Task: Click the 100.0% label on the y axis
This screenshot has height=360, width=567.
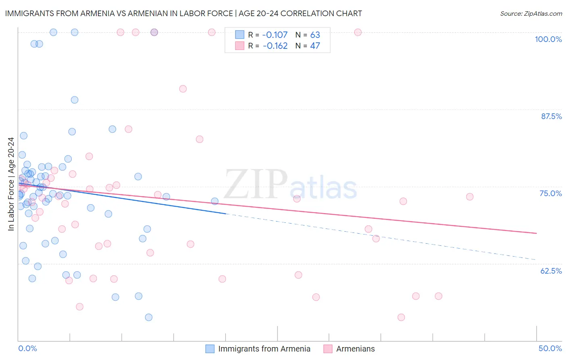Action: [x=548, y=39]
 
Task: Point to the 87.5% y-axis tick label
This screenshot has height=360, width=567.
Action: [x=551, y=116]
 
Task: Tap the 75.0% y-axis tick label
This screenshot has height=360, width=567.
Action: [x=550, y=193]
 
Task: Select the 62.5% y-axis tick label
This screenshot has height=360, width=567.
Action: [x=551, y=271]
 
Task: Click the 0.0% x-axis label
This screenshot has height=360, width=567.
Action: [x=27, y=348]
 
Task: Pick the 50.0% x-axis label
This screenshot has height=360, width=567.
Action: [x=550, y=348]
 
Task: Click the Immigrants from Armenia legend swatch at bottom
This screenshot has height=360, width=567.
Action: [x=210, y=349]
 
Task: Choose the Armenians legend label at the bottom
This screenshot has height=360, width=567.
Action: [x=355, y=349]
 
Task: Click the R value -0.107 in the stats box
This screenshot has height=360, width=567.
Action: [x=275, y=35]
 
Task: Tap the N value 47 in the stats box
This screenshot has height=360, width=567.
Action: [x=315, y=46]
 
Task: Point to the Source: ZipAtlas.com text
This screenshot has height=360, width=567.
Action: [x=531, y=13]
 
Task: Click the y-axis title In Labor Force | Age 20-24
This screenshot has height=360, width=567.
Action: [x=11, y=184]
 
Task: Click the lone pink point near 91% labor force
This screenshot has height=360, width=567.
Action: [x=183, y=89]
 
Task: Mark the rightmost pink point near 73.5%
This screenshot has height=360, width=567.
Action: [x=469, y=197]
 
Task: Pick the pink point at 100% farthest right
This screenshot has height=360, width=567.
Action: [x=358, y=32]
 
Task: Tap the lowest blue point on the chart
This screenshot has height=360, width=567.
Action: [x=149, y=317]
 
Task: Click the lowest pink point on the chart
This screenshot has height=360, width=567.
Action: [x=401, y=317]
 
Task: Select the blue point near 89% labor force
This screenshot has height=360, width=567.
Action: [x=75, y=100]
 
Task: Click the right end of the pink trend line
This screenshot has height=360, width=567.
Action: [x=536, y=233]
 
